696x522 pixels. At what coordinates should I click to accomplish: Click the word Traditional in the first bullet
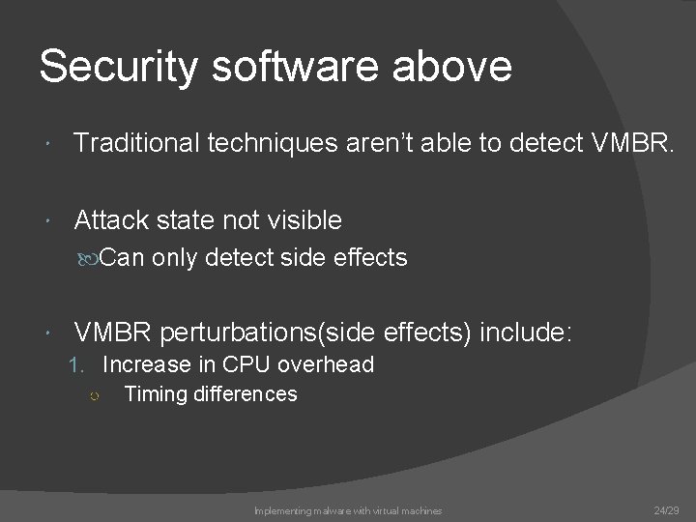click(134, 144)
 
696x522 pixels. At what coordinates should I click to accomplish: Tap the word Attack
click(109, 220)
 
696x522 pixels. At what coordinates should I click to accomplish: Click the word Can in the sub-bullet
click(122, 258)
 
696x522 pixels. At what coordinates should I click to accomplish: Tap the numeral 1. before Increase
click(81, 365)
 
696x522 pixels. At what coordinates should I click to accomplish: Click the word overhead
click(326, 365)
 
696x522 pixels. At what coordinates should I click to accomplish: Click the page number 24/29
click(666, 509)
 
